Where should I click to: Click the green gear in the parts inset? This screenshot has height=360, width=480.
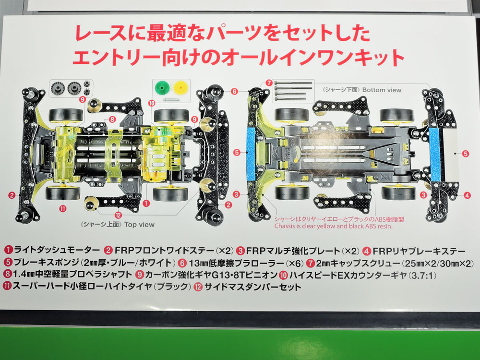point(162,88)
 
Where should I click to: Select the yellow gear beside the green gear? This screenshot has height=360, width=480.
point(180,88)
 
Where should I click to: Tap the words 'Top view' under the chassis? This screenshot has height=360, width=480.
point(139,224)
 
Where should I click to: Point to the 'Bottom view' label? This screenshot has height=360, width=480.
point(382,90)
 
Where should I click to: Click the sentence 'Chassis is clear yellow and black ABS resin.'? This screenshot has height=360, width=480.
point(334,227)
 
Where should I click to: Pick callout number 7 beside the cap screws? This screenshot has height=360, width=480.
point(269,83)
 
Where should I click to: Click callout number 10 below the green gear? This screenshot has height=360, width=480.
point(152,103)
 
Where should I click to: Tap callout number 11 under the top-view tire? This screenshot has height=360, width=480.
point(63,209)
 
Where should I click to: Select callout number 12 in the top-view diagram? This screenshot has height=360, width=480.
point(118,215)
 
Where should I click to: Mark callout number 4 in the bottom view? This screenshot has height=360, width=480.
point(467,195)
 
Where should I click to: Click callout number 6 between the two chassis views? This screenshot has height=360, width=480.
point(235,92)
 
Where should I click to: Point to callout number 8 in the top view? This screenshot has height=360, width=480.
point(112,120)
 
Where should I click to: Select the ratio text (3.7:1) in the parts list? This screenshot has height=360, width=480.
point(422,275)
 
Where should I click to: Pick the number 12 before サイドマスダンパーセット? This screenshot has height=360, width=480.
point(198,287)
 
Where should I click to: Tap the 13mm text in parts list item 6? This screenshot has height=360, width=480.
point(199,263)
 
